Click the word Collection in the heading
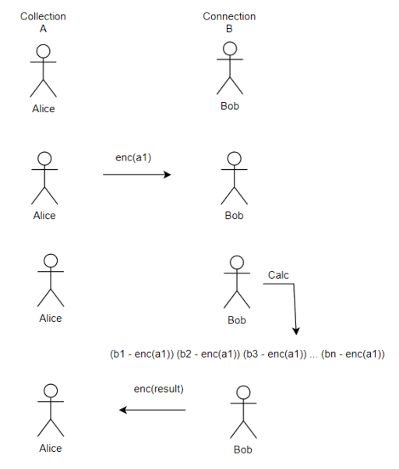(43, 16)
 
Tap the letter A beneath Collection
(43, 29)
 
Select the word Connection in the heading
(229, 16)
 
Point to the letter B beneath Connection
(229, 29)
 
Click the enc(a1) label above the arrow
(133, 157)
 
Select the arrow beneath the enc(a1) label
(137, 175)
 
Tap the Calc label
(278, 275)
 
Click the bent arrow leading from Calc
(294, 284)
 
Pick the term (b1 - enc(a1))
(142, 354)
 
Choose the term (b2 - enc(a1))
(209, 354)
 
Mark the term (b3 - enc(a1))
(275, 354)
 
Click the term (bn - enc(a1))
(353, 354)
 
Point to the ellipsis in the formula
(314, 357)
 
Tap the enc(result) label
(158, 389)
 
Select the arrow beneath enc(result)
(152, 410)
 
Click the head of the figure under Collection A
(44, 51)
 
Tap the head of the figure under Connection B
(230, 48)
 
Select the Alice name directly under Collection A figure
(44, 108)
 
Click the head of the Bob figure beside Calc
(237, 263)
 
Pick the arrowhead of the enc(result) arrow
(122, 410)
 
